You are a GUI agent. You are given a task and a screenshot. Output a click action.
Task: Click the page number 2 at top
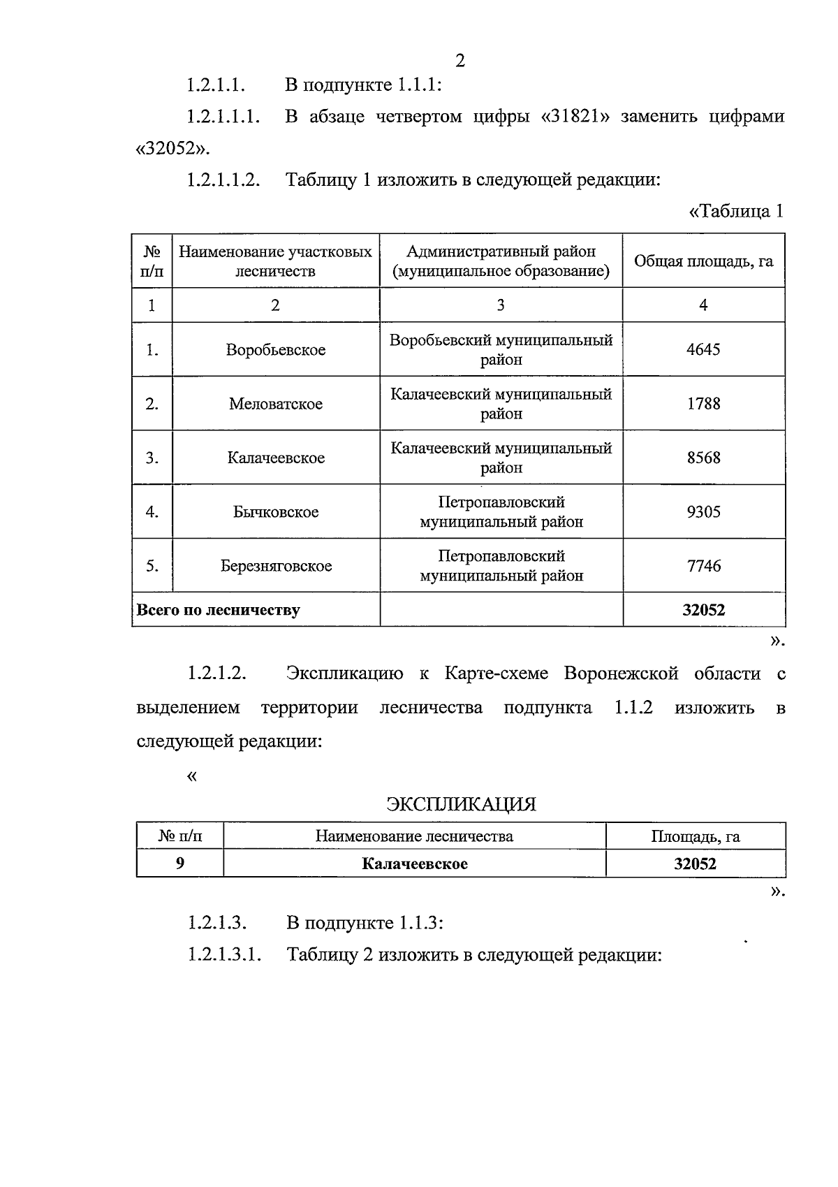[460, 61]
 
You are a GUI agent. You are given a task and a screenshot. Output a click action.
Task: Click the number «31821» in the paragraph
[575, 117]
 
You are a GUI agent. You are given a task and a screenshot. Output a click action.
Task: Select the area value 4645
[703, 349]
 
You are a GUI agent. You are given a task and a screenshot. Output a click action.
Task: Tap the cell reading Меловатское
[276, 404]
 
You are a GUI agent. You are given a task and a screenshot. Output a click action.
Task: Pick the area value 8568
[703, 458]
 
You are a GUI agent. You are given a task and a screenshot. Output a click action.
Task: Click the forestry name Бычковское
[276, 512]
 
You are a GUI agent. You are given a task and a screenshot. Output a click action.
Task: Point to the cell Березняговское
[276, 566]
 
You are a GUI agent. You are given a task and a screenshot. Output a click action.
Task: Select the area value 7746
[703, 566]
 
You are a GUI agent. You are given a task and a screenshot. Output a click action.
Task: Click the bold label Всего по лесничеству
[219, 610]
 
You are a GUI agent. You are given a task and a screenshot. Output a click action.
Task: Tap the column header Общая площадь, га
[703, 261]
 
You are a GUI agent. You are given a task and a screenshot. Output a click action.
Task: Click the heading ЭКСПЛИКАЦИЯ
[462, 804]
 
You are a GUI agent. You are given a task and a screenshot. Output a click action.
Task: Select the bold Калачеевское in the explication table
[414, 864]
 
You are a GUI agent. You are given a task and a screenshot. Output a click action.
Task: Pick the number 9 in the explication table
[180, 864]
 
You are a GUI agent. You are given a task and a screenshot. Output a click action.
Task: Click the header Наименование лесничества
[414, 836]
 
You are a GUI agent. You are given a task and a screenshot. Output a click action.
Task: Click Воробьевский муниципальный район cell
[501, 349]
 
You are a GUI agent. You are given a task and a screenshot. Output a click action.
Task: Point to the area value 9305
[703, 512]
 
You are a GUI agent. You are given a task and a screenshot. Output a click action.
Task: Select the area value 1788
[703, 404]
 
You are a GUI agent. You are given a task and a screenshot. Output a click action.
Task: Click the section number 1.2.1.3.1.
[224, 954]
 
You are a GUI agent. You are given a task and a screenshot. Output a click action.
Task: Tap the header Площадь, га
[695, 836]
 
